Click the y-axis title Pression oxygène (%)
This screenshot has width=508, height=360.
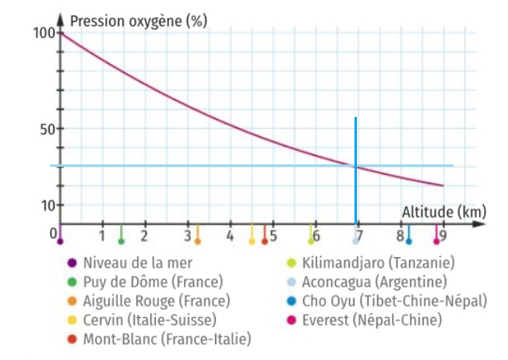pos(138,22)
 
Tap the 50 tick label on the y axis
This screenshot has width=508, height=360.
pos(48,129)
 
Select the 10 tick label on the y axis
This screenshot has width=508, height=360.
pos(48,206)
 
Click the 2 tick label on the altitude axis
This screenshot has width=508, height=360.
pos(144,235)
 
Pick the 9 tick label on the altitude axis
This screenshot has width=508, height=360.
pos(443,235)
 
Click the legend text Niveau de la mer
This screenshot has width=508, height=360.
pos(137,263)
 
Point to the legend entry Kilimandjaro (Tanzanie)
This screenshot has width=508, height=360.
pos(378,263)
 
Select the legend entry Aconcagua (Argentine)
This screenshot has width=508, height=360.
pos(374,281)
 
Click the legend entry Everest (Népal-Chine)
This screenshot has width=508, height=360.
pos(371,319)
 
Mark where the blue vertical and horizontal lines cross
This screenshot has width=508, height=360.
pos(355,166)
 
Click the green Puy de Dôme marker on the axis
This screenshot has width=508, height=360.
pos(121,240)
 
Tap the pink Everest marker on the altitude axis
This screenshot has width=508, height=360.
pos(436,241)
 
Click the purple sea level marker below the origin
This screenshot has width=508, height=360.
pos(60,241)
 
